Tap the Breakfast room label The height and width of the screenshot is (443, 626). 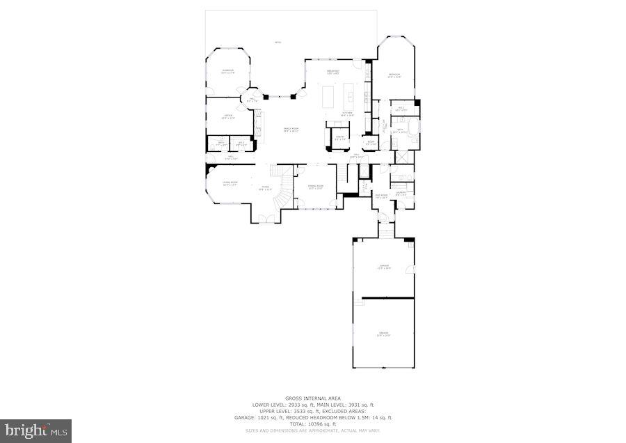click(x=333, y=72)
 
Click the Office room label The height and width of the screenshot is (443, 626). click(x=227, y=117)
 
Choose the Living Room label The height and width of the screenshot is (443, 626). click(x=230, y=184)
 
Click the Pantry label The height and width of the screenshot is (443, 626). click(x=339, y=138)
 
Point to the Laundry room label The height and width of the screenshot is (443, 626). click(x=401, y=194)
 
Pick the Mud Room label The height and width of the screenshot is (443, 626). click(x=381, y=197)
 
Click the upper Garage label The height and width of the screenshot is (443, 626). click(x=383, y=267)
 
